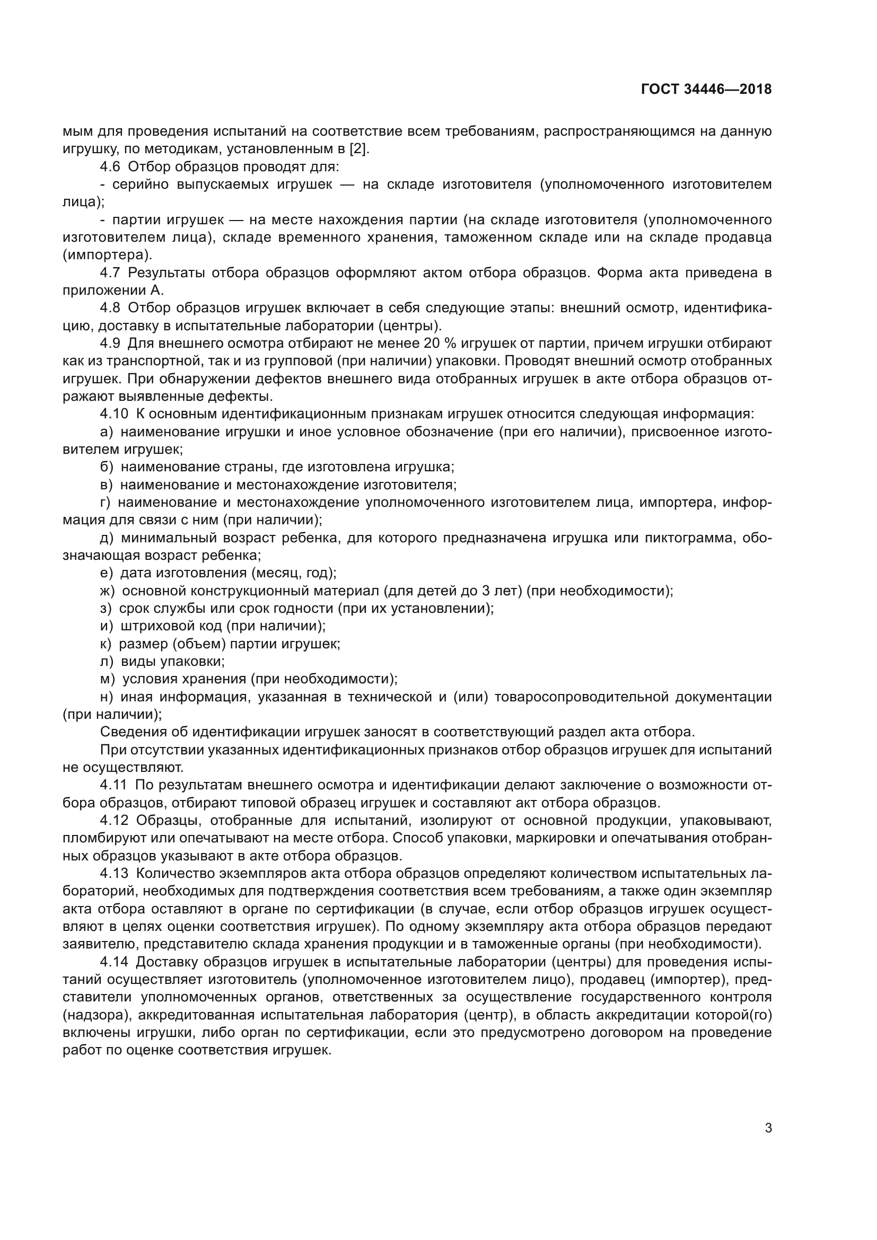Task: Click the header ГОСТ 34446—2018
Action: [706, 89]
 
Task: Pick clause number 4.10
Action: [114, 414]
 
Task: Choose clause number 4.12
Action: [114, 820]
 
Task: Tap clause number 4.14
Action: [114, 962]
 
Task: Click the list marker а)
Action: [107, 432]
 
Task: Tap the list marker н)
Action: [107, 697]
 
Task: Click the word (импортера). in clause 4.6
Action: [108, 255]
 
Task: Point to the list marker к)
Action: [106, 644]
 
